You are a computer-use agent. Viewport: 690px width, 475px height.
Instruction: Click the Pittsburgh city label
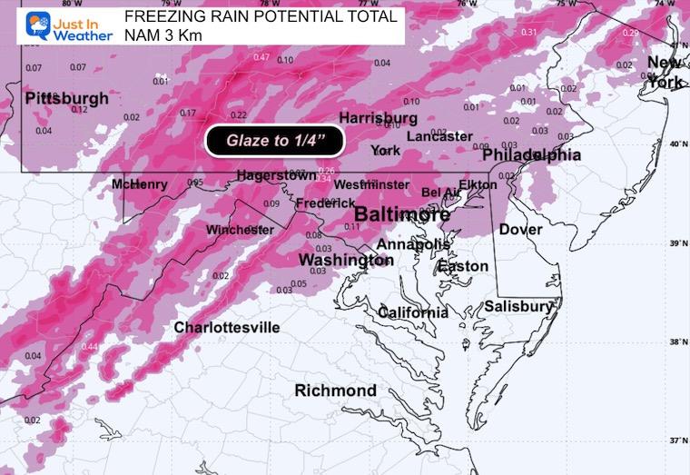click(67, 98)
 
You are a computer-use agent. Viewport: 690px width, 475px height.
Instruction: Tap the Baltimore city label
click(401, 215)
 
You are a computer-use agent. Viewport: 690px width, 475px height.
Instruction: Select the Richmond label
click(336, 391)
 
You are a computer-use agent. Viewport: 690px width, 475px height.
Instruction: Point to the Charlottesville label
click(227, 327)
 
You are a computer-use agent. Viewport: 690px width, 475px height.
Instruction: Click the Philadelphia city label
click(531, 155)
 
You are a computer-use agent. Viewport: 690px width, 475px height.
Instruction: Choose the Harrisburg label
click(378, 118)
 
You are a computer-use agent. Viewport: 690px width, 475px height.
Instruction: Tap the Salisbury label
click(517, 307)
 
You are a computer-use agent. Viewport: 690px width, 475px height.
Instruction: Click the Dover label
click(520, 230)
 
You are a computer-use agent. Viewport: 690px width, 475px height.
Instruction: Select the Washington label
click(345, 261)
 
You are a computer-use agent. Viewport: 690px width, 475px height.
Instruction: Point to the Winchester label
click(240, 230)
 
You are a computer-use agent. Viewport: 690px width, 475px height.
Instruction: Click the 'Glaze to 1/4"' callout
click(277, 141)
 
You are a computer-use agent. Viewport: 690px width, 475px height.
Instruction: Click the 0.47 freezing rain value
click(261, 58)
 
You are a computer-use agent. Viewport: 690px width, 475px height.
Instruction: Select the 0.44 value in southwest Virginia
click(90, 347)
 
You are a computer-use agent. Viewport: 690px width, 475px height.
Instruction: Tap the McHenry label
click(140, 184)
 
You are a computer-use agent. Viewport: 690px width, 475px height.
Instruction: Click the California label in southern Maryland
click(412, 312)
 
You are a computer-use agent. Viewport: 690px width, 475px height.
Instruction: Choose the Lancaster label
click(439, 136)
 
